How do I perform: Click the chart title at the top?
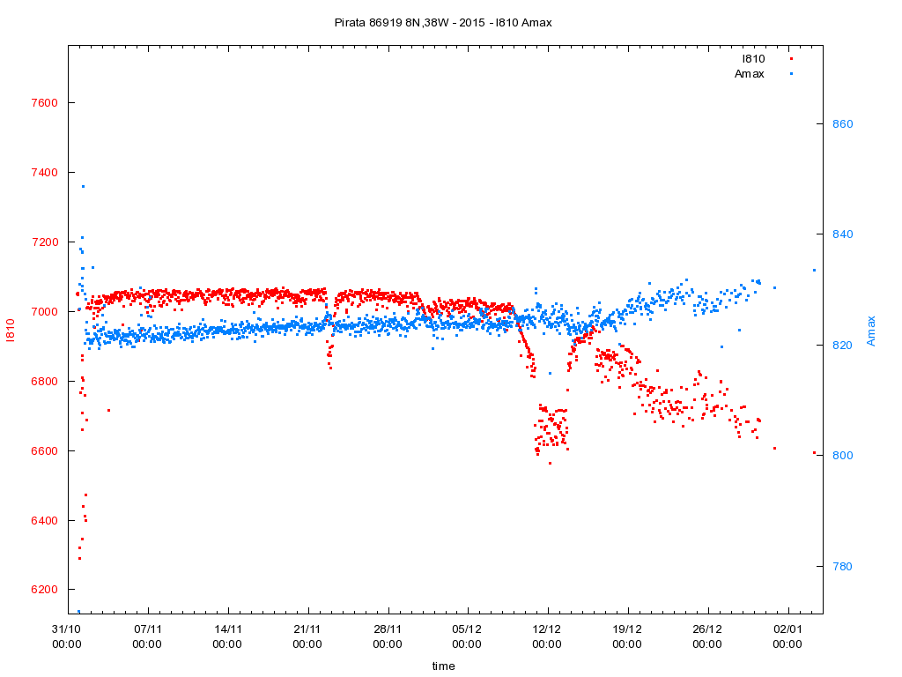[x=443, y=22]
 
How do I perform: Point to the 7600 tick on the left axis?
[x=43, y=103]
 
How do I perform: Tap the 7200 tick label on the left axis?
[x=43, y=242]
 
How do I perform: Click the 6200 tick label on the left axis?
[x=43, y=591]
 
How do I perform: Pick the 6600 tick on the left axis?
[x=43, y=451]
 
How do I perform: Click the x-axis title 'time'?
[x=443, y=666]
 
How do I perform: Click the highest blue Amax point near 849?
[x=83, y=186]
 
